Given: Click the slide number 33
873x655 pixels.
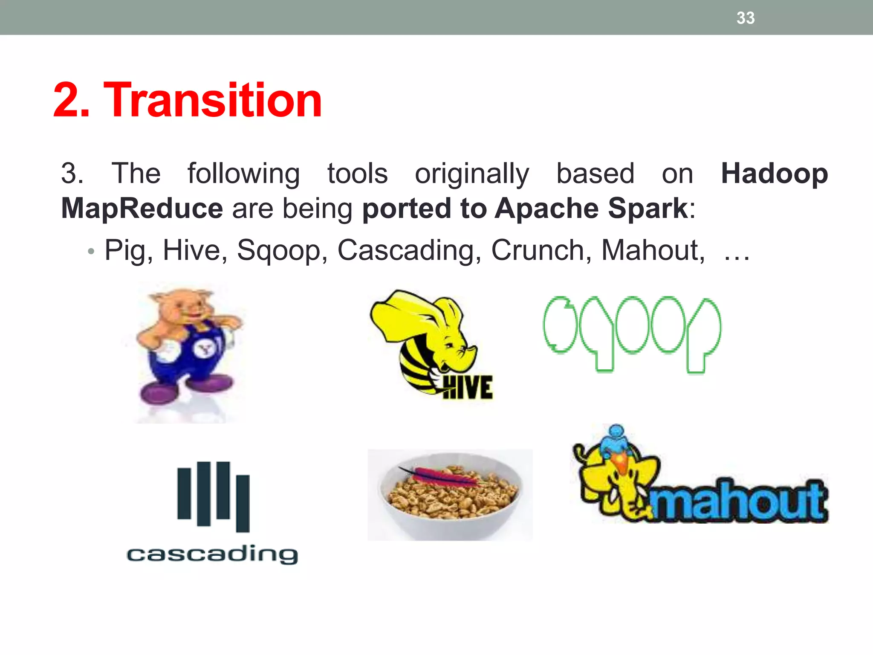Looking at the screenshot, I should tap(746, 18).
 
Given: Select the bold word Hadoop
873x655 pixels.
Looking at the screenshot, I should tap(774, 174).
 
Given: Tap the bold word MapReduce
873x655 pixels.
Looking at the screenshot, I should tap(142, 209).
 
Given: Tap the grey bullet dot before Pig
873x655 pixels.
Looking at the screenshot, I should tap(90, 252).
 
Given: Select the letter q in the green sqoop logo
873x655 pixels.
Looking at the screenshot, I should tap(596, 333).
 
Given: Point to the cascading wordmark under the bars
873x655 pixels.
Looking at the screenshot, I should tap(212, 554).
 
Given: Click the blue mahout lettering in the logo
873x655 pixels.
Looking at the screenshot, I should tap(737, 501).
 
